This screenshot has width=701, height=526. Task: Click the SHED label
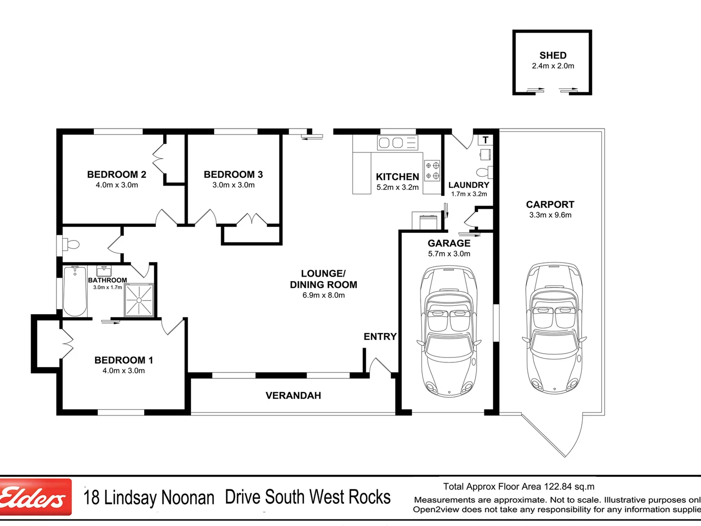tap(553, 56)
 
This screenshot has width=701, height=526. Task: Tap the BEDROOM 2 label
tap(116, 174)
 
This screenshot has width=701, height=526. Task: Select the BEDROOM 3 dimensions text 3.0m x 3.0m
tap(233, 185)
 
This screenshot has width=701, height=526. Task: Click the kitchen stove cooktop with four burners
tap(432, 170)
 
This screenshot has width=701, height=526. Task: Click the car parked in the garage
tap(448, 331)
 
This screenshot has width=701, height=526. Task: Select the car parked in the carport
tap(554, 328)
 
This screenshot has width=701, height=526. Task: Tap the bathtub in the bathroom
tap(75, 291)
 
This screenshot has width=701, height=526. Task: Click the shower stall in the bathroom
tap(139, 300)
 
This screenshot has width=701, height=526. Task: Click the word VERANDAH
tap(293, 395)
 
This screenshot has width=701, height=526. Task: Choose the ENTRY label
tap(380, 337)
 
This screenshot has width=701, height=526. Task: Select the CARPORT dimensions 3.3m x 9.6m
tap(550, 215)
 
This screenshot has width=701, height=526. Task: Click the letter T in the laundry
tap(485, 140)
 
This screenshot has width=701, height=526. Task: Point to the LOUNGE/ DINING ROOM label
tap(323, 279)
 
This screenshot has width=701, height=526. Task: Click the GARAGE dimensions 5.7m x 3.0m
tap(449, 254)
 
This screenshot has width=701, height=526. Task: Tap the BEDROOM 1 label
tap(124, 360)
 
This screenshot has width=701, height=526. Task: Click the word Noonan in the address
tap(187, 498)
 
